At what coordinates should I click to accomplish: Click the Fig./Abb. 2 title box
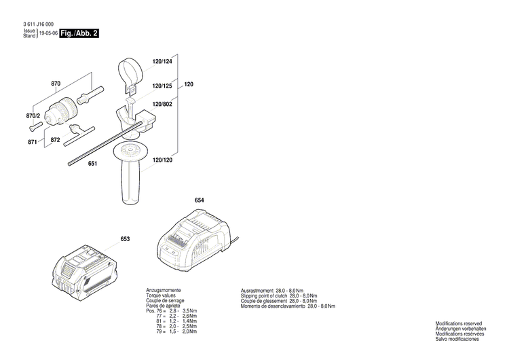pos(79,33)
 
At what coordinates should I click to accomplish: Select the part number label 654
pos(199,200)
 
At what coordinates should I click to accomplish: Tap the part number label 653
pos(126,238)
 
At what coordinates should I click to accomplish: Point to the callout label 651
pos(93,164)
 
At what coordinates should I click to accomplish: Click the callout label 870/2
pos(33,116)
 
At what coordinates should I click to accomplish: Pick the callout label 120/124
pos(162,62)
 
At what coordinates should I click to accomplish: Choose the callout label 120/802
pos(162,104)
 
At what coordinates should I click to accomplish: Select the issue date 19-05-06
pos(48,33)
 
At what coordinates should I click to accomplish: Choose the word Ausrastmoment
pos(257,291)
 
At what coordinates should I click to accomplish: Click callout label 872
pos(56,139)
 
